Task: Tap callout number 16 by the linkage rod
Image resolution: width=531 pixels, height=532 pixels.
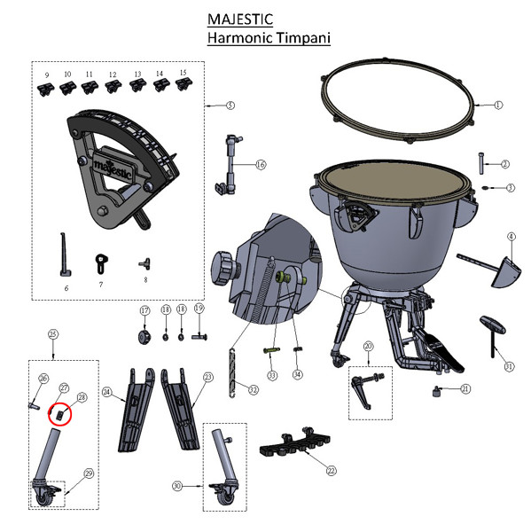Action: pos(261,164)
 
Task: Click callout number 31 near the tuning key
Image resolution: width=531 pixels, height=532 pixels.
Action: pos(509,365)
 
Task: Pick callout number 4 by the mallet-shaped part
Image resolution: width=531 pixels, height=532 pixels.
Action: pos(511,237)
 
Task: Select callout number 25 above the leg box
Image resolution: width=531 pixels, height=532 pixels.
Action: pos(53,334)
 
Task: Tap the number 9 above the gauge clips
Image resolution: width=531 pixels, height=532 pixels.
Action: pos(45,74)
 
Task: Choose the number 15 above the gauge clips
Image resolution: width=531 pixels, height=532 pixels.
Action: pos(183,72)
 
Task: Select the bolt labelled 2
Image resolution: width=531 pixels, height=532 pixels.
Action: pos(481,162)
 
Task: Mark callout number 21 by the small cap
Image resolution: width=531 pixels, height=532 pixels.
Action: pos(465,388)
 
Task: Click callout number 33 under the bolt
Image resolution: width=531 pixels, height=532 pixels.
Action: pos(272,376)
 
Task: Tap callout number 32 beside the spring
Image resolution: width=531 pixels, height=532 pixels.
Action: pos(254,389)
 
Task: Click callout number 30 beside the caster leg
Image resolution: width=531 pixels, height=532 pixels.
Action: pos(176,487)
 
